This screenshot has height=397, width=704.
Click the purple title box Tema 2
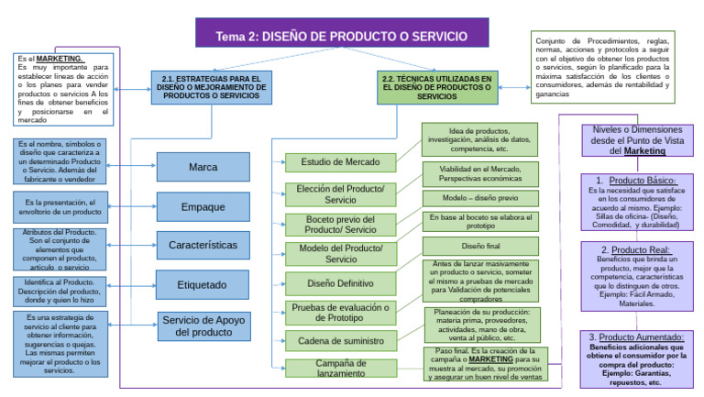(353, 37)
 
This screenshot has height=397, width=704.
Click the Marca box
(203, 168)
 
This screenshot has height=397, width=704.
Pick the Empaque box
(203, 207)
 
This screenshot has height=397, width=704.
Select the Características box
(203, 246)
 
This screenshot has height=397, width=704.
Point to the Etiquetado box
(203, 285)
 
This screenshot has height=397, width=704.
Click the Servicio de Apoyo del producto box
(203, 325)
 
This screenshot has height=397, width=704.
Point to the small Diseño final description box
(480, 247)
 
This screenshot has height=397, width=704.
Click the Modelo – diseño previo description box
(480, 198)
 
